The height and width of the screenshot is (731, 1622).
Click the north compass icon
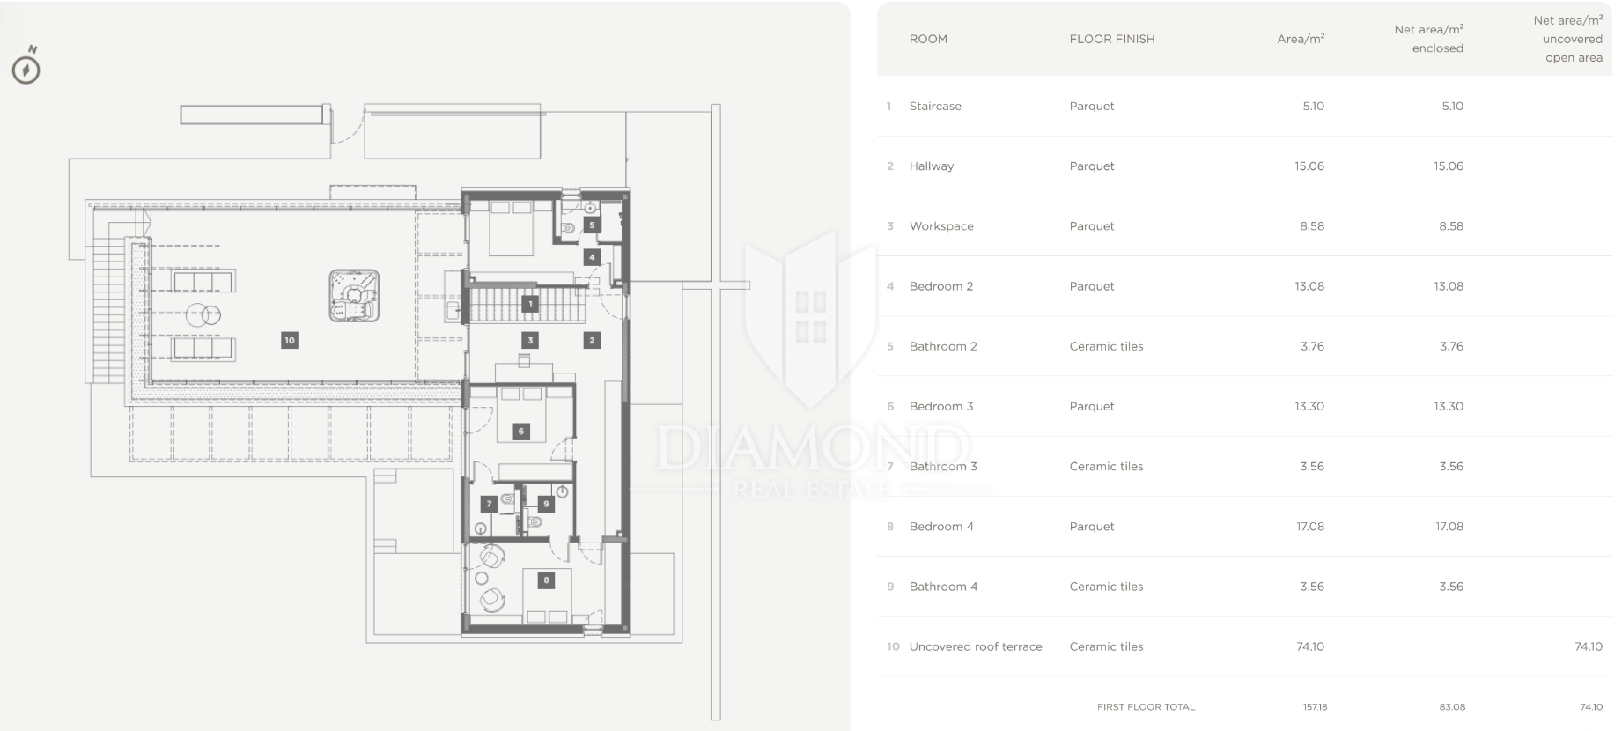pos(26,66)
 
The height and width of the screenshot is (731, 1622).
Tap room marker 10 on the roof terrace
pos(290,340)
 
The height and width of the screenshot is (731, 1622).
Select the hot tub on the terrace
pos(354,296)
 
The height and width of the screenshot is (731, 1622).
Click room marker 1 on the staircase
pos(530,305)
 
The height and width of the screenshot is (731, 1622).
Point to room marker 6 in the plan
pos(521,432)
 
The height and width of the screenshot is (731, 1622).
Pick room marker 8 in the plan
pos(547,580)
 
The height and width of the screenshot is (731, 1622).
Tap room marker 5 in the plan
pos(592,225)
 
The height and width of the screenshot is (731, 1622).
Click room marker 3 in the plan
pos(530,340)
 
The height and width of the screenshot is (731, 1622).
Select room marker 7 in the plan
pos(489,505)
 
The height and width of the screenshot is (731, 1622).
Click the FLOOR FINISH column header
pos(1112,39)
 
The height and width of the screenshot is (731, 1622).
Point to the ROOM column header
pos(928,39)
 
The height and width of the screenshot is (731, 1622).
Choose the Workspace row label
pos(941,226)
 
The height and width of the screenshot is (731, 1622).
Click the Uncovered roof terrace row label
pos(976,646)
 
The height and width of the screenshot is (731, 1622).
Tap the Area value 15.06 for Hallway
pos(1309,166)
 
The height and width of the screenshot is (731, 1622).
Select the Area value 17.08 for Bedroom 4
pos(1310,527)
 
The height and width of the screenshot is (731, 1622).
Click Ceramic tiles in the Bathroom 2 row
pos(1106,346)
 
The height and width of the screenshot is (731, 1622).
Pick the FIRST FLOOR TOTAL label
pos(1146,707)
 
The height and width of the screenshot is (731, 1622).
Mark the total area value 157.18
pos(1316,707)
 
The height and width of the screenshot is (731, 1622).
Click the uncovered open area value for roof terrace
pos(1589,646)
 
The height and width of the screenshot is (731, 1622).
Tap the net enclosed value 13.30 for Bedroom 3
pos(1449,407)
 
